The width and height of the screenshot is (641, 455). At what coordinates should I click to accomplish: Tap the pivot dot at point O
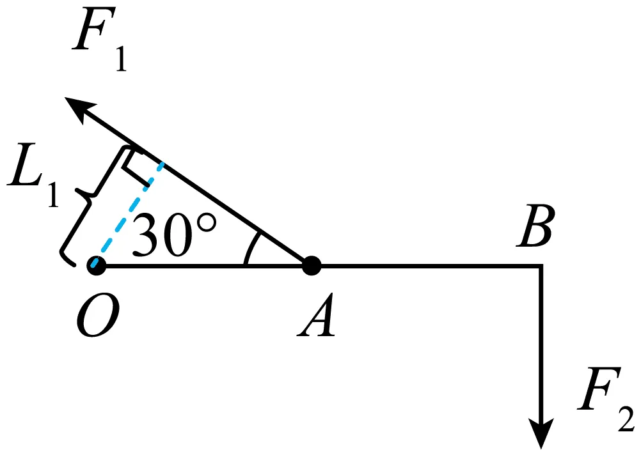tap(97, 266)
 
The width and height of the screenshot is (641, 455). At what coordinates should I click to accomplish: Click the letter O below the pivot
tap(98, 315)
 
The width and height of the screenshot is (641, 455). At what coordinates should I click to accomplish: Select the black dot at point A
tap(312, 266)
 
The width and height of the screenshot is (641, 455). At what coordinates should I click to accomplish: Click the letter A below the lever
tap(316, 315)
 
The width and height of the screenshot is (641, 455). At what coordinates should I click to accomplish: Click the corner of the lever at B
tap(542, 266)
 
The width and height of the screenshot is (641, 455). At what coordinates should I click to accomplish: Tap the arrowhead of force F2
tap(541, 433)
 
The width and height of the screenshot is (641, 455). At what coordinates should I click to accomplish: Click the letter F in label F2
tap(599, 389)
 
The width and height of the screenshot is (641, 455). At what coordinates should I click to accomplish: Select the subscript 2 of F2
tap(627, 419)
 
